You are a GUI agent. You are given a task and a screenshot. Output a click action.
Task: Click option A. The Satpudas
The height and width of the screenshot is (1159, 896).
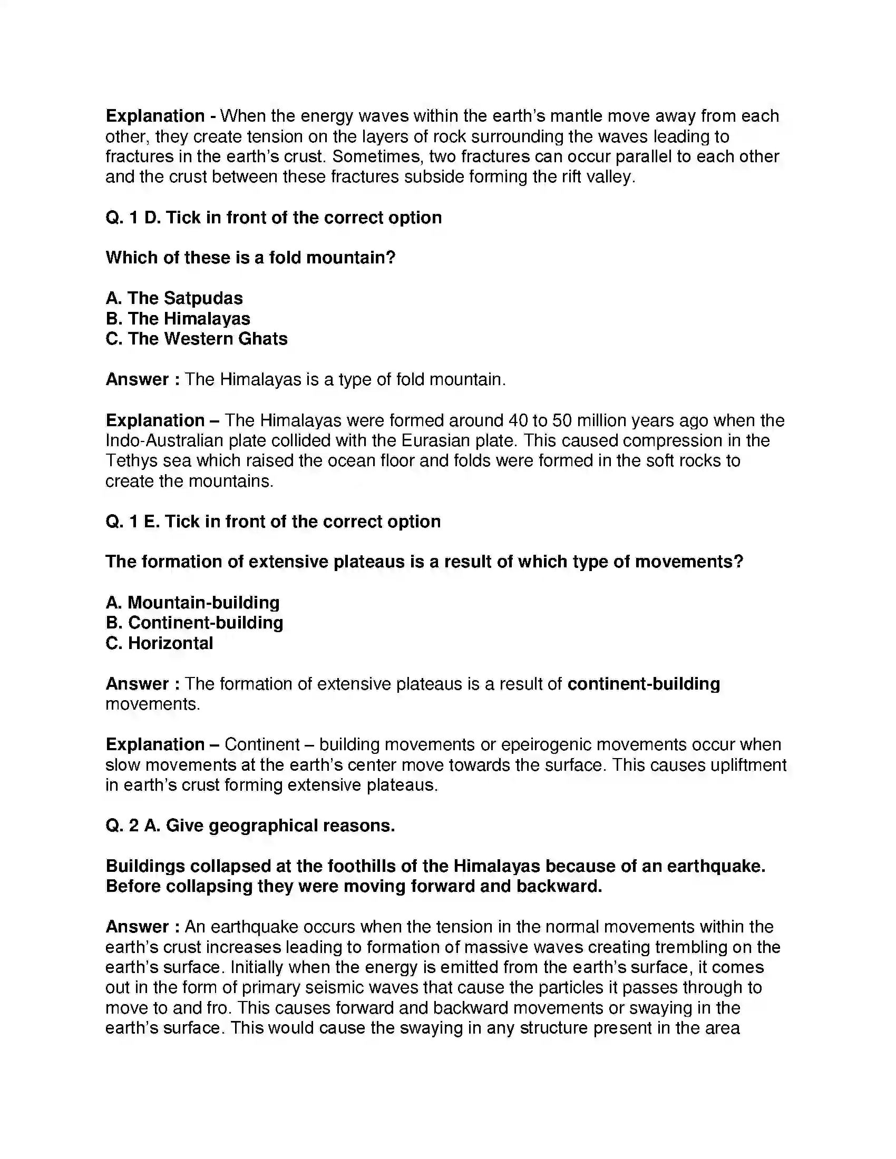point(174,298)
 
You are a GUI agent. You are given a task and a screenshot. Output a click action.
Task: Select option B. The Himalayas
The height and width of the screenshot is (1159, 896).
point(178,318)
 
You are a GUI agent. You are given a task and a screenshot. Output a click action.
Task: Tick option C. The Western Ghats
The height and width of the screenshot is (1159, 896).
point(197,339)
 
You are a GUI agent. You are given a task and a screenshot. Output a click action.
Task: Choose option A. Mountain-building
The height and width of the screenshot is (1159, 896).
point(192,602)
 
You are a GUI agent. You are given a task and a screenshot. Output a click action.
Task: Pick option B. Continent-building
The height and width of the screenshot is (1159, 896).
point(194,623)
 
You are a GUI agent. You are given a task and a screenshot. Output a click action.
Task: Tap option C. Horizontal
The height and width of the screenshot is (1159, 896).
point(159,643)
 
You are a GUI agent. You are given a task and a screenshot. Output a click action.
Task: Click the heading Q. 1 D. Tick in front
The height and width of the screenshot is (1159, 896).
point(274,218)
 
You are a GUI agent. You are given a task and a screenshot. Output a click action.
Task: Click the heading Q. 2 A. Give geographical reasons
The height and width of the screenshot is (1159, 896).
point(250,826)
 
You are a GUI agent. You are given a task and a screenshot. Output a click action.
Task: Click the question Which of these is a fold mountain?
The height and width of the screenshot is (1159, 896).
point(250,258)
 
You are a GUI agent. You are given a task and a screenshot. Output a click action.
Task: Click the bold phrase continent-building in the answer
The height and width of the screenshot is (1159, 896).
point(644,683)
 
